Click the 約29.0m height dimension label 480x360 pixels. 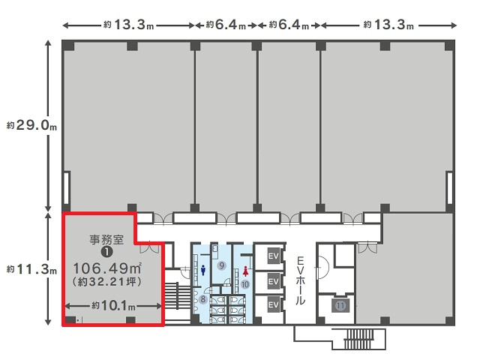(x=31, y=125)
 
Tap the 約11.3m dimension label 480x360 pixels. (x=31, y=269)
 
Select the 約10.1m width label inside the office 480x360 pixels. (x=113, y=305)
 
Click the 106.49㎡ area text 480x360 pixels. (x=107, y=268)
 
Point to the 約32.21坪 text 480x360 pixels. (x=106, y=282)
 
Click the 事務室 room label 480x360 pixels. (x=106, y=239)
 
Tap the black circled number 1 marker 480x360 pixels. (x=106, y=252)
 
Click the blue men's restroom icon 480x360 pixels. (x=203, y=270)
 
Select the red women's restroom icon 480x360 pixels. (x=245, y=271)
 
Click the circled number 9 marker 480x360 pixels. (x=221, y=265)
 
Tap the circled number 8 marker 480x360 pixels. (x=202, y=299)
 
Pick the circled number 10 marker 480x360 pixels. (x=245, y=284)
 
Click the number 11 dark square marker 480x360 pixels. (x=340, y=305)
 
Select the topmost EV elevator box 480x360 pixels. (x=273, y=255)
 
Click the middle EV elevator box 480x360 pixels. (x=273, y=281)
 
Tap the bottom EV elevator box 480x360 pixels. (x=273, y=305)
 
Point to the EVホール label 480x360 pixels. (x=300, y=280)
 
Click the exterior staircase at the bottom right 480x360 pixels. (x=359, y=339)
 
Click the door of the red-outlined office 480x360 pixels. (x=150, y=247)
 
